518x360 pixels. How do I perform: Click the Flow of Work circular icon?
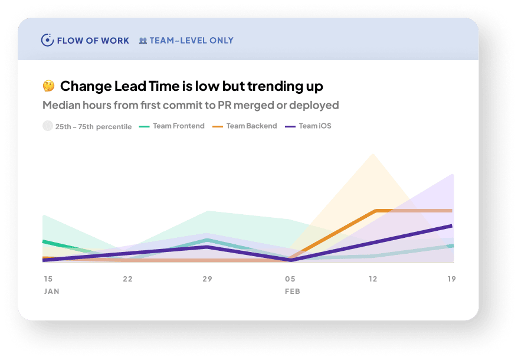click(x=47, y=40)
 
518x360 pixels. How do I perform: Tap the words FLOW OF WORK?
click(x=93, y=41)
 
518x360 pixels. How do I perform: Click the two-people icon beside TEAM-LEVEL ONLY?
click(x=143, y=41)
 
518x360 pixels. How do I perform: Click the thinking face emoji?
click(x=48, y=86)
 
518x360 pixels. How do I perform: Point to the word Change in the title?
click(x=86, y=87)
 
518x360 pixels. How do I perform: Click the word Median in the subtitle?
click(x=61, y=105)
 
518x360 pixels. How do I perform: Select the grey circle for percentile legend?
click(x=48, y=126)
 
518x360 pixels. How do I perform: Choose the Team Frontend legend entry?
click(x=172, y=126)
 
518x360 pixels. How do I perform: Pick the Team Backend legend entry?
click(x=244, y=126)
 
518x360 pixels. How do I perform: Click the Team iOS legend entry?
click(x=308, y=126)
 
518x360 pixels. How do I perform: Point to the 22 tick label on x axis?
click(x=127, y=279)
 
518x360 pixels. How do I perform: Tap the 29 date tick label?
click(x=207, y=279)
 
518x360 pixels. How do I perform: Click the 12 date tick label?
click(x=373, y=279)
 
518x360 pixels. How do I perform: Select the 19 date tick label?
click(x=451, y=279)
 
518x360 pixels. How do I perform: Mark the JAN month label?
click(x=51, y=291)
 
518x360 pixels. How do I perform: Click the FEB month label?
click(x=293, y=291)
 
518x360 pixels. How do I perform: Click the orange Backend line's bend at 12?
click(x=376, y=211)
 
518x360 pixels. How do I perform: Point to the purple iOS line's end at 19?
click(x=451, y=226)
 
